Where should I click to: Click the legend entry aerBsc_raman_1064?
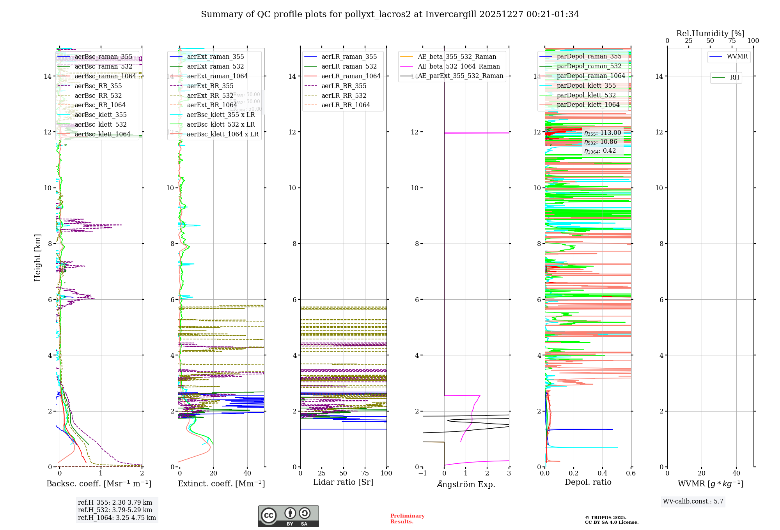pyautogui.click(x=105, y=76)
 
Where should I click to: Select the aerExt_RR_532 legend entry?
pyautogui.click(x=210, y=95)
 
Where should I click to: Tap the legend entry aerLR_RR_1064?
pyautogui.click(x=346, y=105)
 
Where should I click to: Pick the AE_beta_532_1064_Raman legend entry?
pyautogui.click(x=459, y=67)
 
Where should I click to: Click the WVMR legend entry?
pyautogui.click(x=737, y=57)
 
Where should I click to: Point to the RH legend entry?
pyautogui.click(x=734, y=78)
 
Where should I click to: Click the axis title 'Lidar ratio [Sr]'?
pyautogui.click(x=343, y=482)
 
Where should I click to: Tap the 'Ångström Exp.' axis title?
pyautogui.click(x=466, y=484)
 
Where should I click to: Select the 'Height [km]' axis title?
pyautogui.click(x=37, y=258)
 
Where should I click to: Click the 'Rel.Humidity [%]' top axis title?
pyautogui.click(x=710, y=34)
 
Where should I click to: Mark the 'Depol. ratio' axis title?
pyautogui.click(x=588, y=482)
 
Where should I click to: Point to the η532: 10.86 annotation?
pyautogui.click(x=601, y=142)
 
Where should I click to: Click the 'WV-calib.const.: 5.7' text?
pyautogui.click(x=693, y=502)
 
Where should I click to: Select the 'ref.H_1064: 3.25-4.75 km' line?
pyautogui.click(x=117, y=518)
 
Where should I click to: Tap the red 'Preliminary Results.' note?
pyautogui.click(x=407, y=519)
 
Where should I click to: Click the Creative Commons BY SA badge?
pyautogui.click(x=288, y=516)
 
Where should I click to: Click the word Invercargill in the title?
pyautogui.click(x=450, y=14)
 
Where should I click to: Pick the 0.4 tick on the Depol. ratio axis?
pyautogui.click(x=602, y=473)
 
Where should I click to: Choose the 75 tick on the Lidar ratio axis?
pyautogui.click(x=365, y=473)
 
